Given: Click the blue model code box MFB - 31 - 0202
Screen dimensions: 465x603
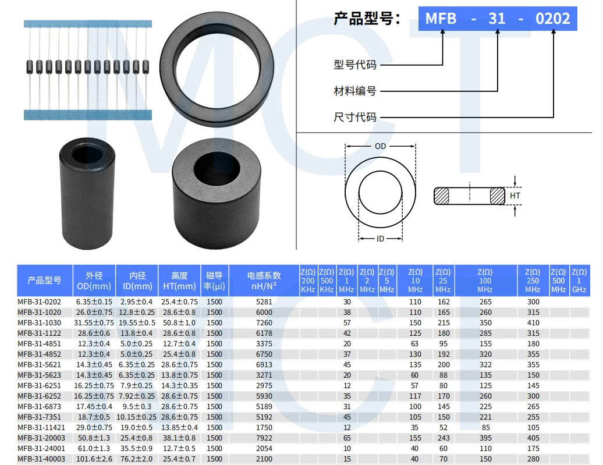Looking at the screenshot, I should click(x=497, y=19).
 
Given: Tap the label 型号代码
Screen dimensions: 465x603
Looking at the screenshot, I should click(x=354, y=65).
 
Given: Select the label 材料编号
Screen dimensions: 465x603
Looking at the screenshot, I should click(x=354, y=91).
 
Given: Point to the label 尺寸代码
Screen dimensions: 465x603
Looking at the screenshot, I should click(x=354, y=118).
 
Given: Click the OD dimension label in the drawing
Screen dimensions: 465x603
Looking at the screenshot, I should click(x=380, y=147).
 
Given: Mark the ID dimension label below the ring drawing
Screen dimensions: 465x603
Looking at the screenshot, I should click(x=380, y=239).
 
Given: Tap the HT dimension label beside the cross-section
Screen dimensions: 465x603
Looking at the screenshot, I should click(x=515, y=196).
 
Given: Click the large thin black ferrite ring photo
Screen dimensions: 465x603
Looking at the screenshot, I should click(x=209, y=69).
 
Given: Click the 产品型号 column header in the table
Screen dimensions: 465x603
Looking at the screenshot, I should click(x=44, y=281).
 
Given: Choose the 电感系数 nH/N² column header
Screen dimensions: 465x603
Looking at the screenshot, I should click(x=264, y=281).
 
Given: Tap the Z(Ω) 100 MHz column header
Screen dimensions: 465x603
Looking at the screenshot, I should click(x=485, y=281).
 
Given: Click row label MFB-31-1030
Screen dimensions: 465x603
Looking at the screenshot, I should click(x=39, y=322).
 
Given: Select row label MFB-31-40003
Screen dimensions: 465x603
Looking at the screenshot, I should click(x=41, y=459).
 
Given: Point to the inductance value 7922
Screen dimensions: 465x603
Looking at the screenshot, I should click(x=264, y=438).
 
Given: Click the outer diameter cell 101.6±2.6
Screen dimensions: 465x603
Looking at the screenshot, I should click(x=94, y=459).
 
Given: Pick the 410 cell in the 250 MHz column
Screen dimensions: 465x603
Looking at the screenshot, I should click(x=533, y=322).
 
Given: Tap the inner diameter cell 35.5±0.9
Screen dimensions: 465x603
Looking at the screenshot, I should click(x=137, y=448).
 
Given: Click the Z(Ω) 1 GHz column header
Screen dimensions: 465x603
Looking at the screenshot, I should click(x=579, y=281).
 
